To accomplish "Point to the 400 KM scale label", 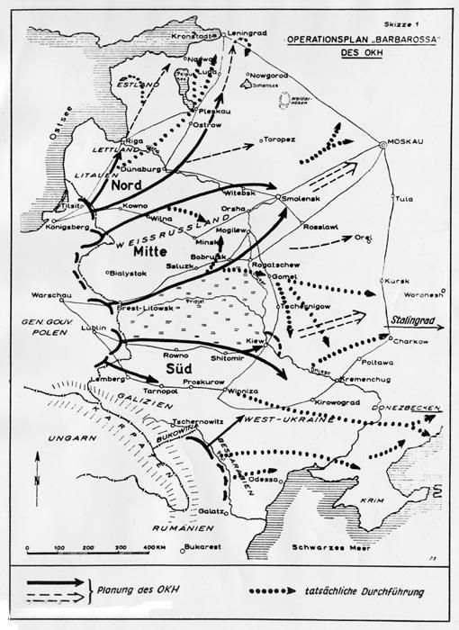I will tap(159, 547).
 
